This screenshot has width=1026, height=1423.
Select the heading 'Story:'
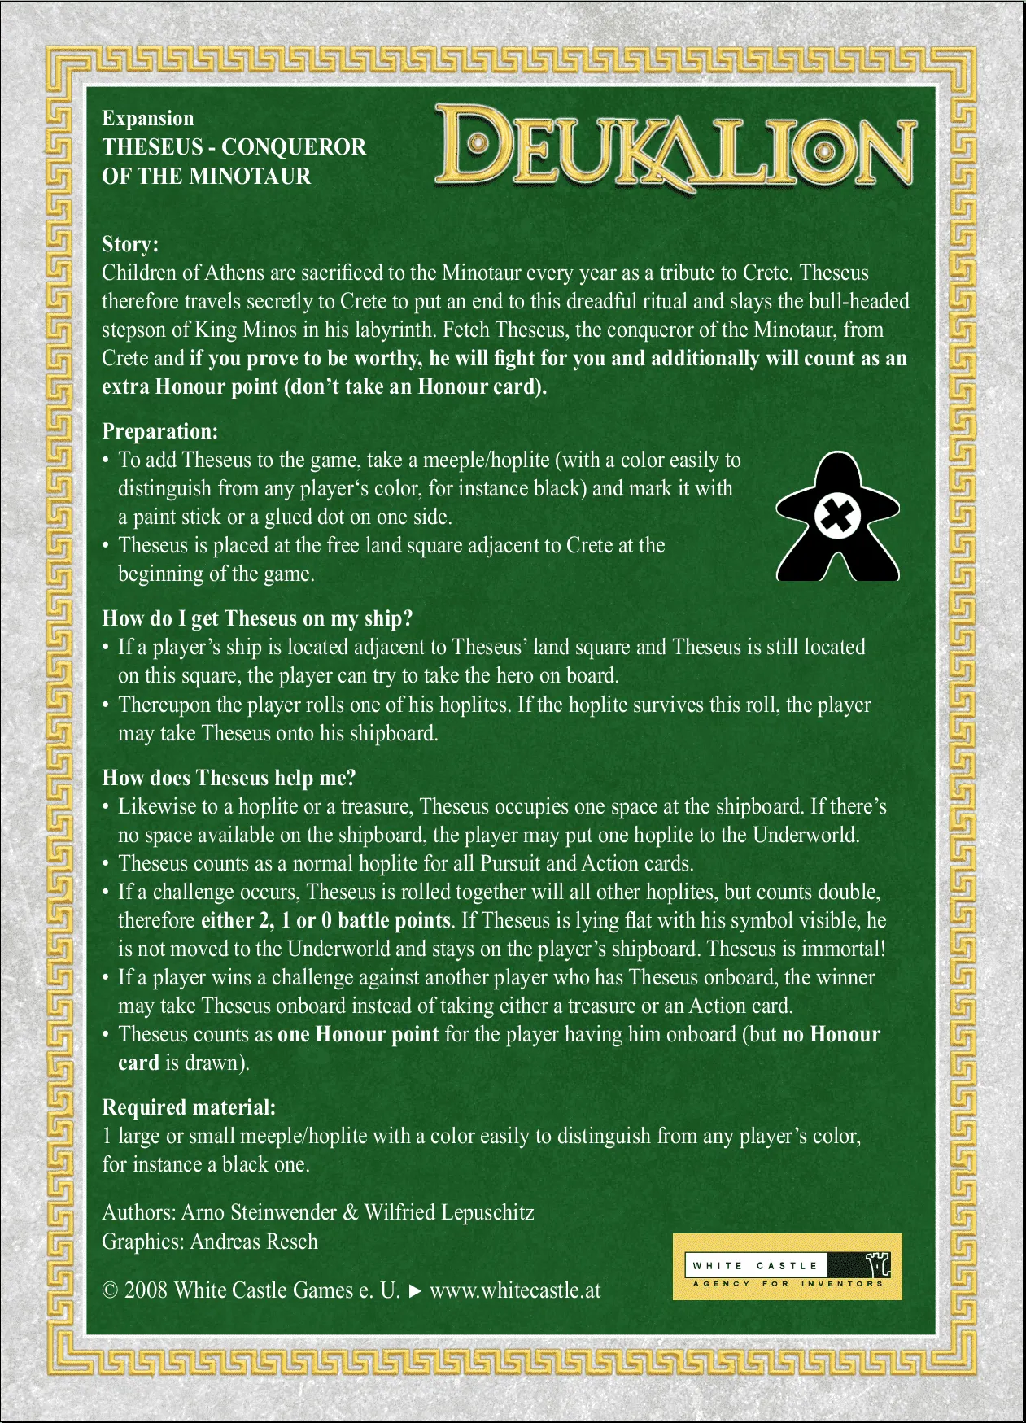click(x=130, y=244)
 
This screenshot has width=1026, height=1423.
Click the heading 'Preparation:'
click(x=159, y=431)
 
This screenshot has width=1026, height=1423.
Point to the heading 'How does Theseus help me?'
click(x=229, y=778)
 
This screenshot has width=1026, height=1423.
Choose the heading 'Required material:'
click(x=189, y=1107)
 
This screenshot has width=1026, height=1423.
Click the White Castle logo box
click(x=787, y=1267)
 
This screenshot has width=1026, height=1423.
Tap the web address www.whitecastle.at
click(x=515, y=1290)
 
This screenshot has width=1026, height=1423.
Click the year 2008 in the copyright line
click(x=146, y=1290)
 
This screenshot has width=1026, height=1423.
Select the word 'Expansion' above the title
click(x=148, y=119)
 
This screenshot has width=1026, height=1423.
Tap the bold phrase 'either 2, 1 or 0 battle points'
click(x=325, y=920)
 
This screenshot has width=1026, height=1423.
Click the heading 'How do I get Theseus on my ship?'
click(x=257, y=618)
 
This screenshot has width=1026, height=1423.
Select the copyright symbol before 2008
click(x=110, y=1291)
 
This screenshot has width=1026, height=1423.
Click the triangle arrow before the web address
click(x=415, y=1291)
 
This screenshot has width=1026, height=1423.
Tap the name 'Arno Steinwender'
click(x=259, y=1212)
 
